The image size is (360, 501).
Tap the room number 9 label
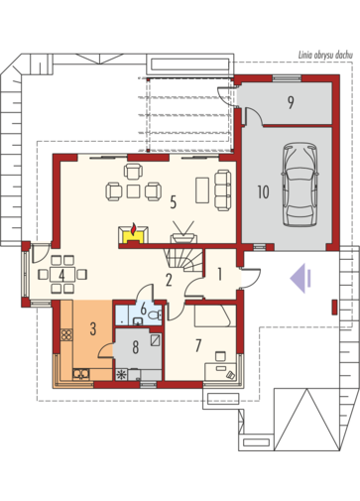(291, 102)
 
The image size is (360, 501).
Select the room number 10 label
(263, 192)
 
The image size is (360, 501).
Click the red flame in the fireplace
(133, 229)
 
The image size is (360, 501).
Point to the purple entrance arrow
(300, 279)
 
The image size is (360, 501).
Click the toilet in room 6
(155, 315)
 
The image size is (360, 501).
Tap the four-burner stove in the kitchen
(66, 334)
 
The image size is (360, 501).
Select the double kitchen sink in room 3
(81, 374)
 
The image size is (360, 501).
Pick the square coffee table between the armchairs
(134, 191)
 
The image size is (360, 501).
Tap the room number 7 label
(198, 345)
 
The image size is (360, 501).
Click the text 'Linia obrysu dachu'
(325, 56)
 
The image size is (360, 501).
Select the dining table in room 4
(62, 275)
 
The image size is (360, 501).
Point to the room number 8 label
(135, 347)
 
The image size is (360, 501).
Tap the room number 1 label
(219, 274)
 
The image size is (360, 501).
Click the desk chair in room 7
(220, 356)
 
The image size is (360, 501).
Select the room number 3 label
(93, 329)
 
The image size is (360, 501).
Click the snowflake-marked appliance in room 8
(122, 375)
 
